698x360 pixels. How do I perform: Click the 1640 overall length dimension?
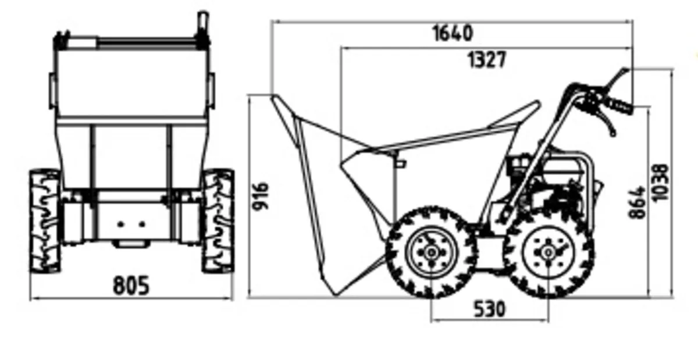pos(452,33)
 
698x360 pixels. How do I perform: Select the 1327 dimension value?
pos(487,59)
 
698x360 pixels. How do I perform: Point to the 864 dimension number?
pos(638,202)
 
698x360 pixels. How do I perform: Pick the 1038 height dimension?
pos(661,183)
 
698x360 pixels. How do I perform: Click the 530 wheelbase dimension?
pos(489,309)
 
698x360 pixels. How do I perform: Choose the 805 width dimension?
pos(131,286)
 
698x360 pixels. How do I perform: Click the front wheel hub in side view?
pos(432,252)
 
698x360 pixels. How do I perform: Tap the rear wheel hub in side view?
pos(548,252)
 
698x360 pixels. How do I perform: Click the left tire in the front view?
pos(45,221)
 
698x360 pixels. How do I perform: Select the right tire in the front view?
pos(218,221)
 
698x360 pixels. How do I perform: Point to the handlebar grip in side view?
pos(619,106)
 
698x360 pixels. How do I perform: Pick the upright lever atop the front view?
pos(202,23)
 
